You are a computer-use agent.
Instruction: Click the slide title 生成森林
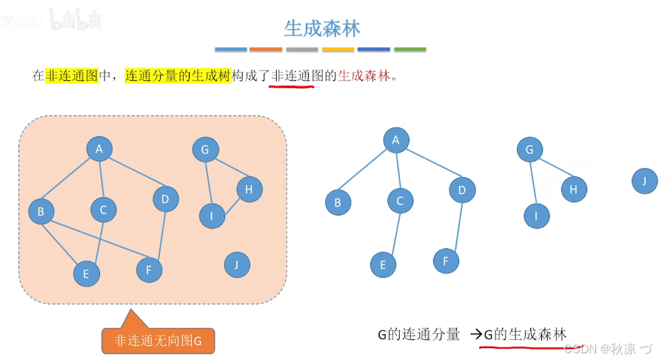click(322, 28)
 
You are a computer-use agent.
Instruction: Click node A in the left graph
click(98, 149)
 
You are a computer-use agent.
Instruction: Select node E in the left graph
click(86, 273)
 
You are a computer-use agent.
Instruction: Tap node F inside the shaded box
click(149, 270)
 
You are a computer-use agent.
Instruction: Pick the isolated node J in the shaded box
click(236, 264)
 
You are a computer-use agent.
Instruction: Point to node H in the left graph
click(249, 190)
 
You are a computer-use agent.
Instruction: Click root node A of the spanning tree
click(396, 140)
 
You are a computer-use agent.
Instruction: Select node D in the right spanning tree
click(461, 190)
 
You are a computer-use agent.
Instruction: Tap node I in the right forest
click(536, 216)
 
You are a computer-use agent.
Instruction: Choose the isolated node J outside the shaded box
click(645, 181)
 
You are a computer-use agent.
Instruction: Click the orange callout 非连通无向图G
click(158, 341)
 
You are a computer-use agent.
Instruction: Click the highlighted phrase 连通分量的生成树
click(178, 76)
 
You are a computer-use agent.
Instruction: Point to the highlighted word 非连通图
click(72, 76)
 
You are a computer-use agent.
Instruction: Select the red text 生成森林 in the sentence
click(363, 76)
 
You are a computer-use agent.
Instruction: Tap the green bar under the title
click(409, 50)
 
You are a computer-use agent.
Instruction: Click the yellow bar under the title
click(338, 50)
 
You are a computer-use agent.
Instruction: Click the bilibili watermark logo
click(75, 20)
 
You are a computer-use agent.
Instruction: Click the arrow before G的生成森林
click(475, 334)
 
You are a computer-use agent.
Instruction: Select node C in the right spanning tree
click(400, 200)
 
